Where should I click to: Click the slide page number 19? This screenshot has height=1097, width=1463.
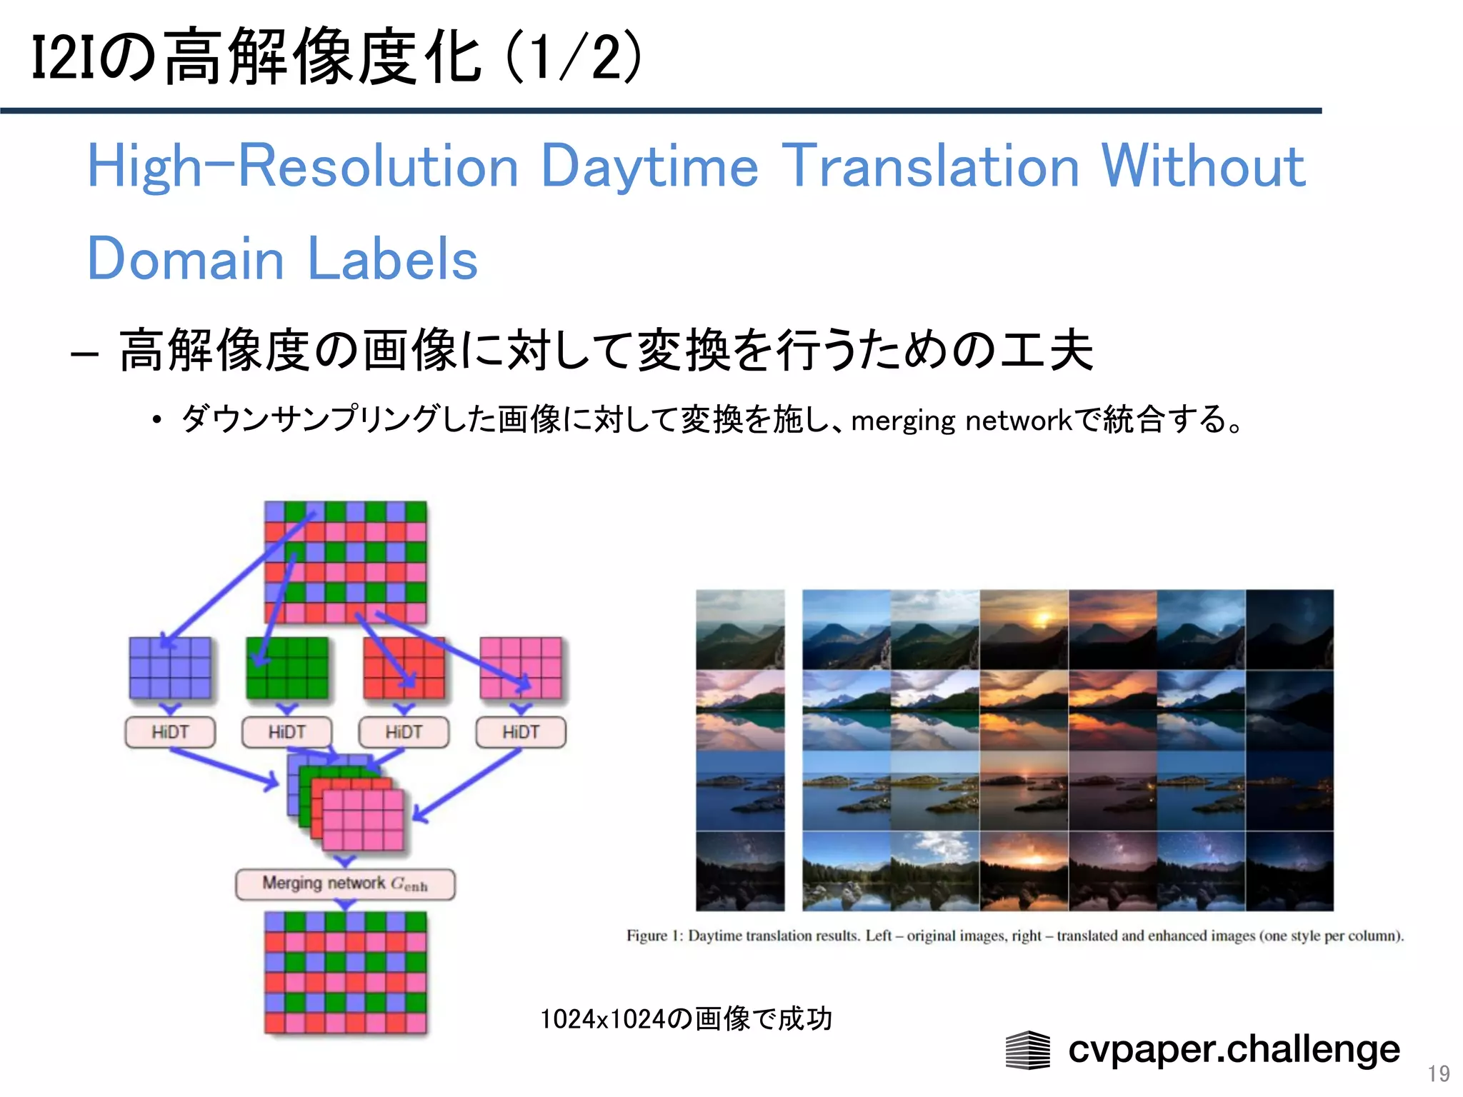click(1438, 1073)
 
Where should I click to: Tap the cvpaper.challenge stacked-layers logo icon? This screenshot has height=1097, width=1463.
click(1027, 1050)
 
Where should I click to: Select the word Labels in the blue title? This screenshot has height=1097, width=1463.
click(392, 259)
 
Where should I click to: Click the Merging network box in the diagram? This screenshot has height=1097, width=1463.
click(345, 884)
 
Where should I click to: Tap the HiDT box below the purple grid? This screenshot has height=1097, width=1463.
click(170, 732)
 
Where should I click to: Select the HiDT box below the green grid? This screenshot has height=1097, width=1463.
click(286, 732)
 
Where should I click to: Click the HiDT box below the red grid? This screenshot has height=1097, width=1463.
click(404, 732)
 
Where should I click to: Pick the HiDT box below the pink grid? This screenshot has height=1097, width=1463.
click(521, 732)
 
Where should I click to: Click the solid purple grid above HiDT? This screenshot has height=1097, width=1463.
click(170, 668)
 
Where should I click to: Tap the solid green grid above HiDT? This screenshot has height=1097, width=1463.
click(286, 668)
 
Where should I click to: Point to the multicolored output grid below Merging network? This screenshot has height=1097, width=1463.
click(345, 973)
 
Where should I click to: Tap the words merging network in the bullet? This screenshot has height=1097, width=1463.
click(962, 421)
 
